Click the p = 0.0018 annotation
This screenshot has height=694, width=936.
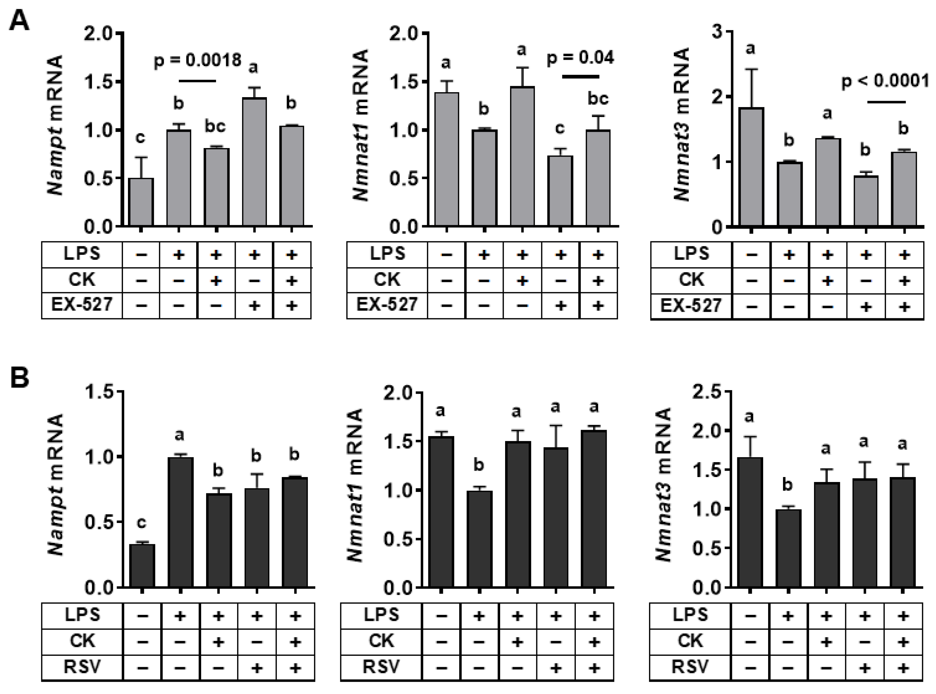198,60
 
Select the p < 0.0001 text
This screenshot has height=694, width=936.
885,81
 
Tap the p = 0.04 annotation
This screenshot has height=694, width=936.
580,58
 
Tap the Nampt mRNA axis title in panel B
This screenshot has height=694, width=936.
56,485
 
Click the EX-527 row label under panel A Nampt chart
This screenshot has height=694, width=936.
82,304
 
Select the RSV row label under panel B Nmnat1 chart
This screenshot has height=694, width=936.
381,666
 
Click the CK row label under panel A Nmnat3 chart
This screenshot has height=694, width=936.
691,280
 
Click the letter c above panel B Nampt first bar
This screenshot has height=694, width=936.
142,523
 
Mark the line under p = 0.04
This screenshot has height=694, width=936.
581,76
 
